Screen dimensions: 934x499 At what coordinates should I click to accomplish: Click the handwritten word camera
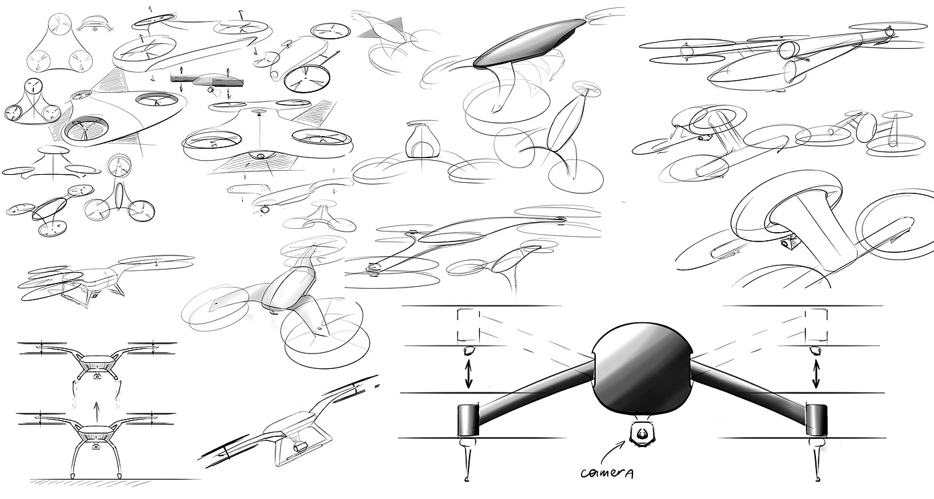tap(608, 473)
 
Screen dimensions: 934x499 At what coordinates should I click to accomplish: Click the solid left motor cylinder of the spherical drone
tap(468, 419)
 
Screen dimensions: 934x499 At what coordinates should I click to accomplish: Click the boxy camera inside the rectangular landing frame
tap(298, 446)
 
